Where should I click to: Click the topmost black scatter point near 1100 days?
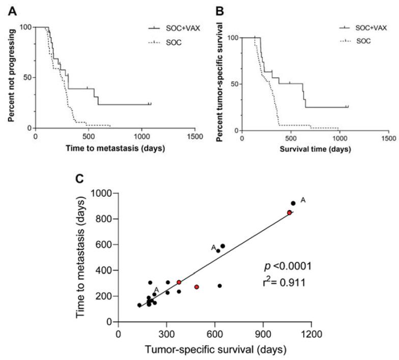click(x=293, y=203)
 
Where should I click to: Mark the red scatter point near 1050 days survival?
click(x=289, y=213)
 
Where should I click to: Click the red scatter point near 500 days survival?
click(x=197, y=287)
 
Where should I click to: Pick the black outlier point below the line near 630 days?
click(x=220, y=286)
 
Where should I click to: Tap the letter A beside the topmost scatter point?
click(x=303, y=200)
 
